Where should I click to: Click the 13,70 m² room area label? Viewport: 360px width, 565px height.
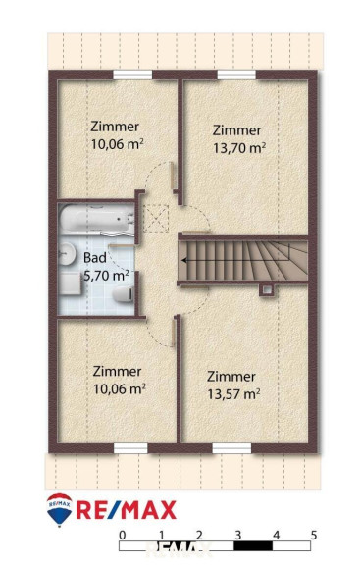click(239, 148)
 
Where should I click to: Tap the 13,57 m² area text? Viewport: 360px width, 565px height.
click(233, 394)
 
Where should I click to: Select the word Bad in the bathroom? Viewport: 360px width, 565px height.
click(95, 258)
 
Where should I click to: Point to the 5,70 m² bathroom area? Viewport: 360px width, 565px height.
click(106, 276)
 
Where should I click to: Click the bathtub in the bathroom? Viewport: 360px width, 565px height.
click(96, 219)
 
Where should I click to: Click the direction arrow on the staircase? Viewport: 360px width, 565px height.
click(235, 260)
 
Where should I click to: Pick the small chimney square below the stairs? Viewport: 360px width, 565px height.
click(267, 289)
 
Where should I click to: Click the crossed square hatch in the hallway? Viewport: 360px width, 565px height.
click(156, 219)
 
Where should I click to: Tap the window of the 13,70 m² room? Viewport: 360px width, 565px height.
click(236, 75)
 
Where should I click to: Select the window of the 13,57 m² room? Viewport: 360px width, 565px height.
click(231, 448)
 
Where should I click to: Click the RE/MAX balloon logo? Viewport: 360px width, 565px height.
click(60, 510)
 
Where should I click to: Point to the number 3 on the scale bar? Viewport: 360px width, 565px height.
click(237, 536)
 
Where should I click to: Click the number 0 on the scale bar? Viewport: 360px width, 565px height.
click(123, 536)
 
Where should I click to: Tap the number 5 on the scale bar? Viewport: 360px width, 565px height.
click(314, 536)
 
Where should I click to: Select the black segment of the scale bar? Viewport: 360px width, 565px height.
click(253, 546)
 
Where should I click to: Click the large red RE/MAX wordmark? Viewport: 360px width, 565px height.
click(127, 510)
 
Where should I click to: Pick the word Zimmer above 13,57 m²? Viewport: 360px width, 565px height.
click(231, 377)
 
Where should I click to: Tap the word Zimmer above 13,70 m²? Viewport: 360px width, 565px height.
click(236, 130)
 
